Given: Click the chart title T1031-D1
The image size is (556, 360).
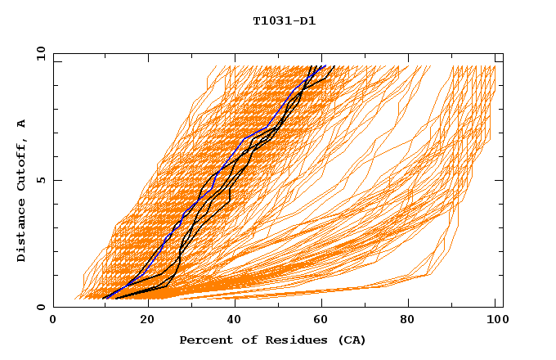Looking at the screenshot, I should click(x=284, y=20).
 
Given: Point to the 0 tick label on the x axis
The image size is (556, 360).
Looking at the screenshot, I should click(x=53, y=322).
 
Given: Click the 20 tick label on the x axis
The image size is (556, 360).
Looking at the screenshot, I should click(x=141, y=322).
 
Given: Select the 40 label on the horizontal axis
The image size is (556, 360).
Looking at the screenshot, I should click(x=231, y=322).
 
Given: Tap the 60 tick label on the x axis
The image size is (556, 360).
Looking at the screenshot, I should click(x=319, y=322).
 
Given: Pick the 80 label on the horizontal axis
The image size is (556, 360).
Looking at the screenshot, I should click(x=407, y=322).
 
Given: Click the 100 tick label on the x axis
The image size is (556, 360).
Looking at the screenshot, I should click(x=495, y=322).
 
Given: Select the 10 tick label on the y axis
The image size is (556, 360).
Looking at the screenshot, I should click(x=41, y=54).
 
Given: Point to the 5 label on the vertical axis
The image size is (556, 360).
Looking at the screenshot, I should click(x=41, y=181).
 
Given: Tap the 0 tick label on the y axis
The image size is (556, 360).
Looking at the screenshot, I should click(x=41, y=307).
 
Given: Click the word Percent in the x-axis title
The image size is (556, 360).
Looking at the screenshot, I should click(x=204, y=340).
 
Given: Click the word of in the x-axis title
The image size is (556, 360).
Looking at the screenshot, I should click(x=243, y=340).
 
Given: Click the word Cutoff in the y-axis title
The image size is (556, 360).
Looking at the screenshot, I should click(x=22, y=166).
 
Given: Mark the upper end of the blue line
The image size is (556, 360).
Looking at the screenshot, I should click(x=325, y=65).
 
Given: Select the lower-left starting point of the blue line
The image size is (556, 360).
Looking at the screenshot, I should click(x=104, y=298).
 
